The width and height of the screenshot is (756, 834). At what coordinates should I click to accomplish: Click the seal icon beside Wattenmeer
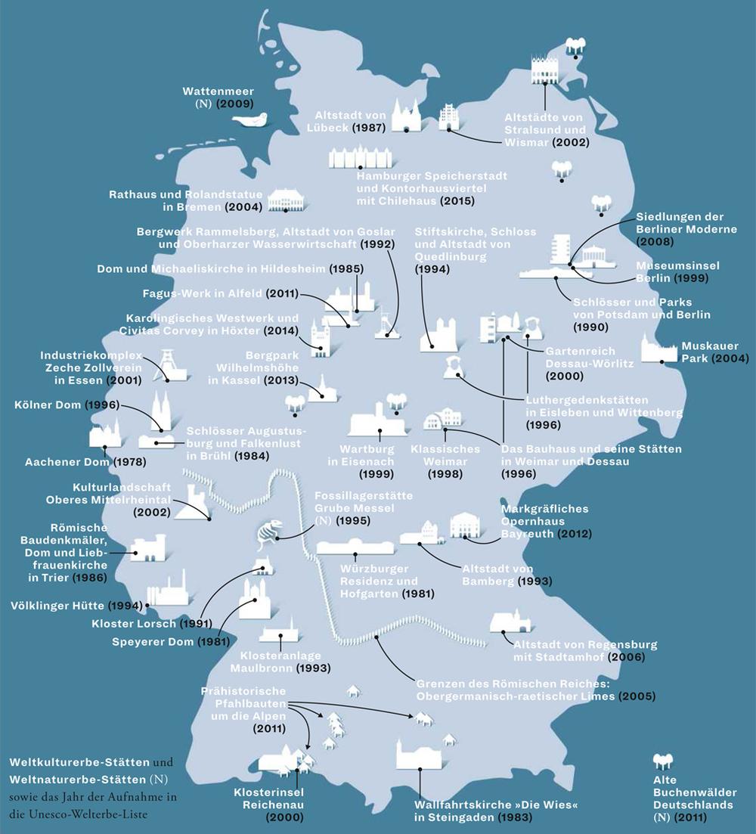251,121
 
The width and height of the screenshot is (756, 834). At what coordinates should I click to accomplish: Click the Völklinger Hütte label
58,606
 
